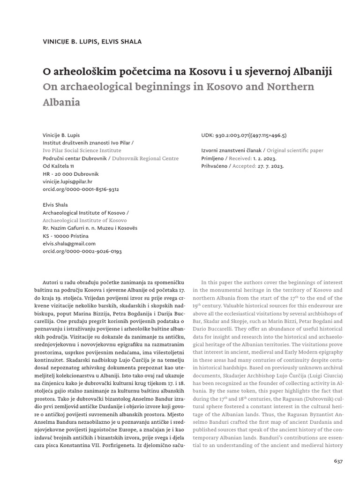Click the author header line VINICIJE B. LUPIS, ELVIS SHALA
(92, 42)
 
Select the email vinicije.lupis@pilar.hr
(67, 181)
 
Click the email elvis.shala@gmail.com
(69, 243)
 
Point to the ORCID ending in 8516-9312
(81, 189)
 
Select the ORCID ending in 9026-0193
(82, 251)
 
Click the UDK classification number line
(243, 135)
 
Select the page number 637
(338, 461)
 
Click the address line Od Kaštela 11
(58, 166)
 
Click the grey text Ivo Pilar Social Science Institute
(82, 150)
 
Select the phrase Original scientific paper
(294, 150)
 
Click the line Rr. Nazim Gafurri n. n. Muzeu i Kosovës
(90, 228)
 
